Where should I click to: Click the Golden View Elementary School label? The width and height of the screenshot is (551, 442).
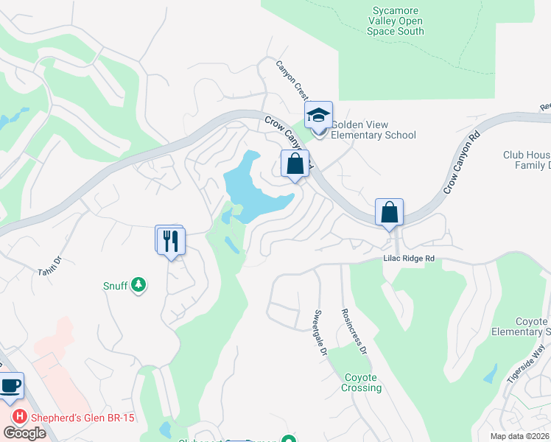coord(373,130)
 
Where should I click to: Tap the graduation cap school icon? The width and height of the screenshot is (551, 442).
coord(318,116)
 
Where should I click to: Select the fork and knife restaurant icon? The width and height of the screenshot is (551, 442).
coord(170,240)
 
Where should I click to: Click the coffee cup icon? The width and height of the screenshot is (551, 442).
coord(10,387)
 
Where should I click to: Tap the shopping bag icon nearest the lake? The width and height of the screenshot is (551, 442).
coord(295,164)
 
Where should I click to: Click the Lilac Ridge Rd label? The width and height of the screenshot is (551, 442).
coord(408,259)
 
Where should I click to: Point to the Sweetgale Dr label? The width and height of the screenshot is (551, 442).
coord(322,321)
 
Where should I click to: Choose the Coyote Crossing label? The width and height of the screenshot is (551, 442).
coord(363,383)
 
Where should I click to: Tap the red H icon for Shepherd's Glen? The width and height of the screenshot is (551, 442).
coord(21,416)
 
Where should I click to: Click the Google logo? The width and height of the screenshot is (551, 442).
coord(25,433)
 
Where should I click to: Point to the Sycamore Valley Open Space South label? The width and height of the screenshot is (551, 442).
coord(397,21)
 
